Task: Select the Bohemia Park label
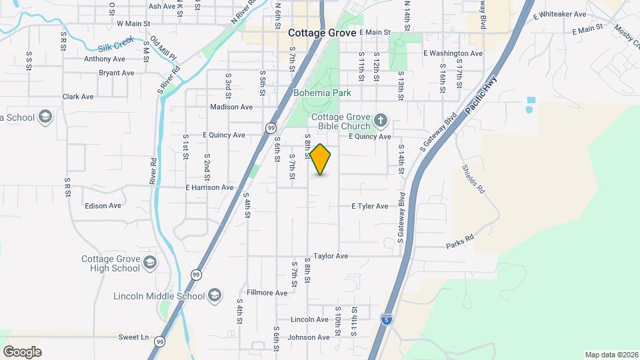click(322, 93)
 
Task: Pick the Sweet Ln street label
click(133, 337)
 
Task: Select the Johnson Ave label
click(309, 337)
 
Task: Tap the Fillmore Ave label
click(267, 293)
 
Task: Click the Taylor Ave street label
click(331, 256)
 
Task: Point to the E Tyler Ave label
click(369, 207)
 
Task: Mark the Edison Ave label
click(103, 206)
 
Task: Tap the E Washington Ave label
click(453, 53)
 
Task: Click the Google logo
click(22, 352)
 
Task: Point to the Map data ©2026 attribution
click(610, 355)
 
